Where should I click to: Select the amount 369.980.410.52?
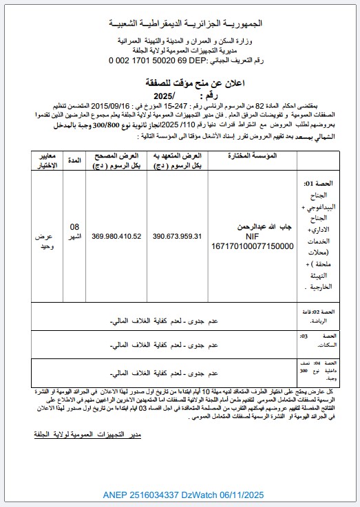pos(116,236)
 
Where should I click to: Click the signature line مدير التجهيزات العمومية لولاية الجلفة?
pos(87,435)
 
